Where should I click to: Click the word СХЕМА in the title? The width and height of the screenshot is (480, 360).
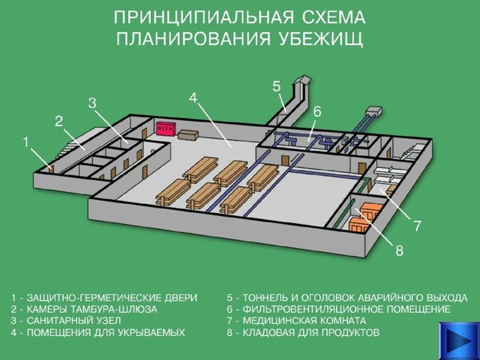334,18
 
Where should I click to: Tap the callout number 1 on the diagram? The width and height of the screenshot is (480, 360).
26,142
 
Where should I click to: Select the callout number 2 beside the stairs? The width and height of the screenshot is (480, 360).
58,122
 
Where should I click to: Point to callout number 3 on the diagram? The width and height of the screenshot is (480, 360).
93,103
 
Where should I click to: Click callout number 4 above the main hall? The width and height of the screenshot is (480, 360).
193,98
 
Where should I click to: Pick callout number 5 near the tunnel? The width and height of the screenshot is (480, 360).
277,86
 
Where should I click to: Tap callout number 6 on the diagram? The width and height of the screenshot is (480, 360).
317,111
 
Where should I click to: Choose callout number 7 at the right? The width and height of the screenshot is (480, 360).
418,226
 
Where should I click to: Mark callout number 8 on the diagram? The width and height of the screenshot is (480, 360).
399,250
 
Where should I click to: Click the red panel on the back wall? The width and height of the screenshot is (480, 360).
166,128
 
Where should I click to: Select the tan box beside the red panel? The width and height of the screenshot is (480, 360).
188,134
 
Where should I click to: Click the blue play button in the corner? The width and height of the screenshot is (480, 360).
459,341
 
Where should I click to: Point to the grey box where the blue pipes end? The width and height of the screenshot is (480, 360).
374,110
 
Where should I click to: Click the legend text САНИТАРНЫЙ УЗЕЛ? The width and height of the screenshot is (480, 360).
74,321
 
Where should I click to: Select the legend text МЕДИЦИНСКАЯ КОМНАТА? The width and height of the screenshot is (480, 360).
304,321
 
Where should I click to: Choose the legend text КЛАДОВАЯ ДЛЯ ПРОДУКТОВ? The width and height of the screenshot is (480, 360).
311,332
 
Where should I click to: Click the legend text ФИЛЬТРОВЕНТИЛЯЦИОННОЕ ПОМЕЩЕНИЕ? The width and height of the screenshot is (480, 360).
346,309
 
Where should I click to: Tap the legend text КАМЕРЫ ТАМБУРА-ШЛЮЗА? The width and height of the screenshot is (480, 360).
92,309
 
